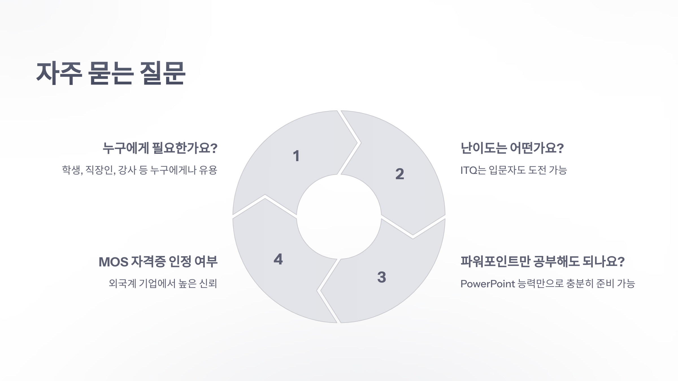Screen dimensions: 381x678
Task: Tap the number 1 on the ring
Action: tap(296, 156)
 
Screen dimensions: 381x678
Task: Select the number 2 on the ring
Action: tap(399, 174)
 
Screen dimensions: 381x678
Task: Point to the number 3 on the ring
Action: tap(382, 277)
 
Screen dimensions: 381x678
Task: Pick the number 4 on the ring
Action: tap(278, 259)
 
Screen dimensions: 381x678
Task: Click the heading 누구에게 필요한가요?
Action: tap(160, 148)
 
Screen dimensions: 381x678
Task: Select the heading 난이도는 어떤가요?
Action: tap(512, 148)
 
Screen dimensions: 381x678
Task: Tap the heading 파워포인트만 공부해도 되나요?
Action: tap(542, 262)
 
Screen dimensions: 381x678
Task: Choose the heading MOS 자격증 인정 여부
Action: tap(158, 262)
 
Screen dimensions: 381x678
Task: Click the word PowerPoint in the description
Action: tap(488, 284)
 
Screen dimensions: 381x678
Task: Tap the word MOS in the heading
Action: tap(113, 262)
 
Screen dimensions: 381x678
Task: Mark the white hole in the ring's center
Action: tap(339, 217)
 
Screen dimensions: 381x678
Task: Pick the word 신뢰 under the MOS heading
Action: tap(208, 284)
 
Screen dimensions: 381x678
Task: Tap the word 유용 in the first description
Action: tap(208, 170)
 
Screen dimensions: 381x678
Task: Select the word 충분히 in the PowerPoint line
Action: tap(579, 284)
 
